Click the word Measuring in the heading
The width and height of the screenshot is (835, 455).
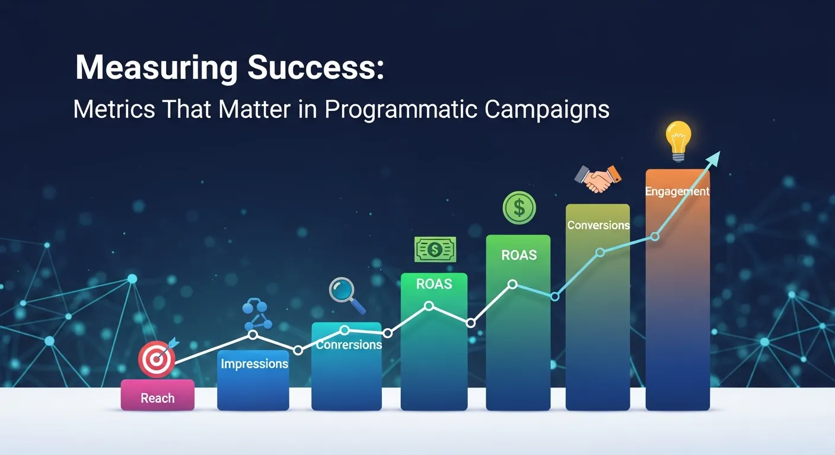156,69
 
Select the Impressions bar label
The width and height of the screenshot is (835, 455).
254,364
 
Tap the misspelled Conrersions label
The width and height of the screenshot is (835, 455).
349,345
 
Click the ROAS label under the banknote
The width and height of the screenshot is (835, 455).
434,284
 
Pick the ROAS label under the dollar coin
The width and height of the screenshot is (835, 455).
519,255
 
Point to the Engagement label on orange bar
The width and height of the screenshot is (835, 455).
677,191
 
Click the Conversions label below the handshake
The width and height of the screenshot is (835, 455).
598,225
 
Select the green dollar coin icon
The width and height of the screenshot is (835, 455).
519,207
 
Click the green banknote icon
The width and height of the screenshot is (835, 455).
435,249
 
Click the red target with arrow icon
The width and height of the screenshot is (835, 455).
157,357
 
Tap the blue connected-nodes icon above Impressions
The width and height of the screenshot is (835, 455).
257,315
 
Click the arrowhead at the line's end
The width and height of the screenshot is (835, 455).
714,158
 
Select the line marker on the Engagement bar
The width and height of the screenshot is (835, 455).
655,236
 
